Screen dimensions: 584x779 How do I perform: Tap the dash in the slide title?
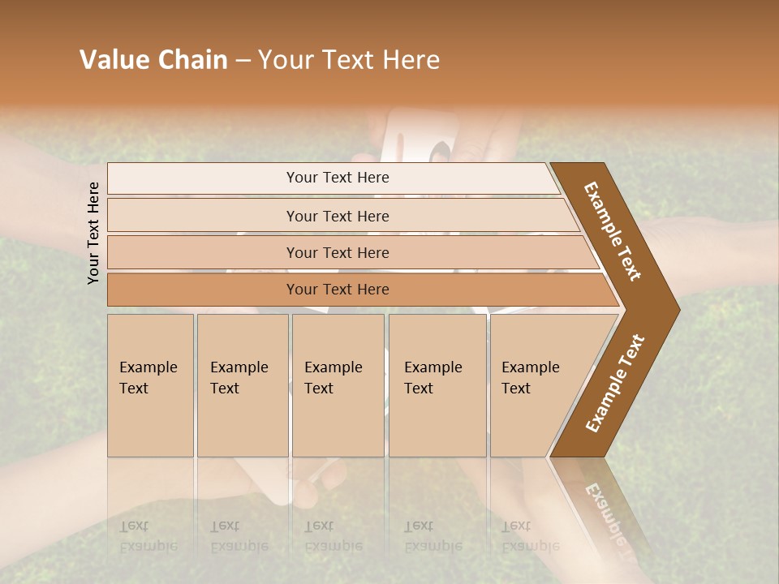point(243,61)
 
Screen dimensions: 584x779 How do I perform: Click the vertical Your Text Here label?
point(93,233)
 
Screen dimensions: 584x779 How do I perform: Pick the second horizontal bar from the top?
point(338,216)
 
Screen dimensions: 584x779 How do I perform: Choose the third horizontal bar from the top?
point(338,252)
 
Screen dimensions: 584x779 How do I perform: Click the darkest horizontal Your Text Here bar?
point(338,290)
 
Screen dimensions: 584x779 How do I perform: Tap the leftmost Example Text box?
point(150,385)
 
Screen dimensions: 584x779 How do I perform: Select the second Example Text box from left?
point(243,385)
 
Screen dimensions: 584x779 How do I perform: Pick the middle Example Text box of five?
point(338,385)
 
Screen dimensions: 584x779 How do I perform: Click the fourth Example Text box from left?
point(437,385)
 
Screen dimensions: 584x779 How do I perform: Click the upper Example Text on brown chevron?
point(613,231)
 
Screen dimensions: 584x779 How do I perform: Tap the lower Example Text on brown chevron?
point(615,384)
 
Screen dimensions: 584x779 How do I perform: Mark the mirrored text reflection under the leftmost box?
point(148,536)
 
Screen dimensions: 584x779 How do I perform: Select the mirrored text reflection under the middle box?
point(334,536)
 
